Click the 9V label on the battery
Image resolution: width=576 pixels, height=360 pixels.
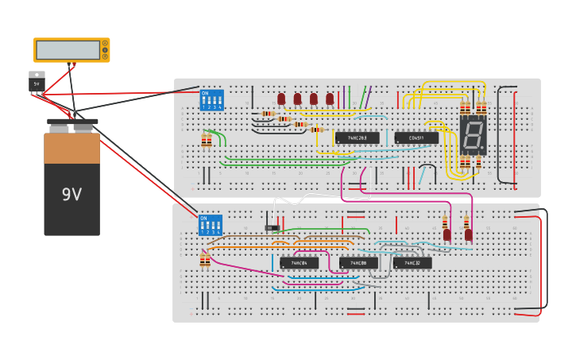pos(72,194)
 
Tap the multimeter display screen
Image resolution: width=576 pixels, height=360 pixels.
pos(68,50)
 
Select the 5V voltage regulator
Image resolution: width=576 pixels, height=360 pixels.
pos(37,81)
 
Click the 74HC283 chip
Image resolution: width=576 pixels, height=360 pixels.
pos(357,137)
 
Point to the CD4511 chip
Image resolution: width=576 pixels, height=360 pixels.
pos(416,137)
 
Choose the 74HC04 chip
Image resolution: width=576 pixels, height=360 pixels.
pos(299,262)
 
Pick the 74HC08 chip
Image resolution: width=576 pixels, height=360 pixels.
pos(358,262)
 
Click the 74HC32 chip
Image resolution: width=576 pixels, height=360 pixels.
pos(412,262)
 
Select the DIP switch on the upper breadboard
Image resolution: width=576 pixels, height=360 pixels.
pos(211,100)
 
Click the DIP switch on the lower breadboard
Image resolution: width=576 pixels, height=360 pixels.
pos(211,225)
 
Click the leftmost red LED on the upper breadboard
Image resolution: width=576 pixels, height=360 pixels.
pos(281,99)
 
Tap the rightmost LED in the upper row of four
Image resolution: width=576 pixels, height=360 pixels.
pos(330,99)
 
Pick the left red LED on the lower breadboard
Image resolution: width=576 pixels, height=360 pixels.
pos(447,234)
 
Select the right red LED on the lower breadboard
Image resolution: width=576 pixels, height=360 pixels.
pos(469,234)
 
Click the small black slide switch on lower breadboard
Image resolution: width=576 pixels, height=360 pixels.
pos(273,228)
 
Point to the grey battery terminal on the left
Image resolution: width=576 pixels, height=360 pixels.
pos(60,126)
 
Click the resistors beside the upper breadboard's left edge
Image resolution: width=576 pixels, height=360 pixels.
pos(207,141)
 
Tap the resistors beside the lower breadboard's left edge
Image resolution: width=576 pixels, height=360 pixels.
pos(205,260)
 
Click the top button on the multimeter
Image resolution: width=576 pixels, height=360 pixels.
pos(104,43)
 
